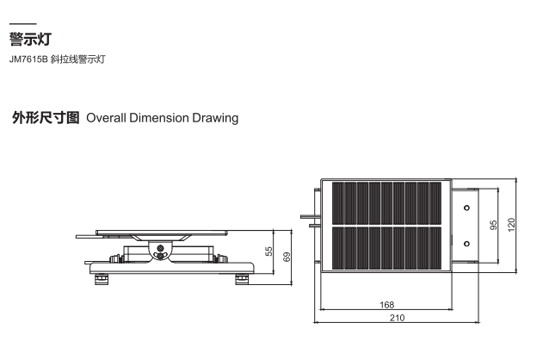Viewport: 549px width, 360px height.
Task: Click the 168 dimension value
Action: click(387, 305)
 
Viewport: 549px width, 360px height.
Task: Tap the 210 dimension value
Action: click(397, 318)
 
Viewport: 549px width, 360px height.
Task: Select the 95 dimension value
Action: click(493, 225)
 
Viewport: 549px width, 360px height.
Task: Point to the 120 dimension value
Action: click(511, 225)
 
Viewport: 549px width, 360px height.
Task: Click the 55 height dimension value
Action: click(268, 251)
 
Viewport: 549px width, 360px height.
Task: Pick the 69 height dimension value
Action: click(287, 257)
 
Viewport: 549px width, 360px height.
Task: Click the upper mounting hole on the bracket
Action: click(466, 208)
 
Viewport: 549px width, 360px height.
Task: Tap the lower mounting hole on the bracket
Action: click(466, 244)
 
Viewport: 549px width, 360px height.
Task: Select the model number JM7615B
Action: click(28, 59)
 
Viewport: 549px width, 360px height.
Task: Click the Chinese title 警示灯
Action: click(30, 39)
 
